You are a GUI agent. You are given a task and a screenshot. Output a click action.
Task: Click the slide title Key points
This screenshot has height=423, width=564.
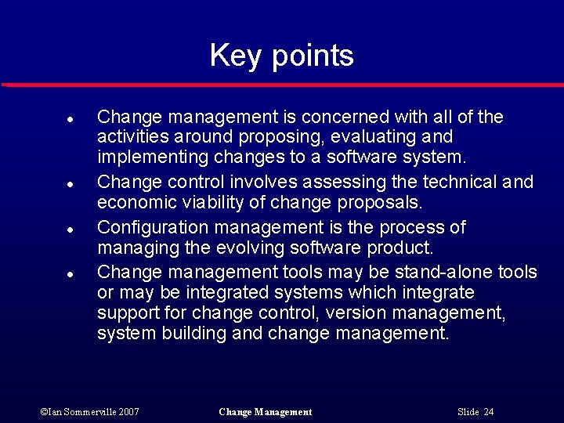(282, 56)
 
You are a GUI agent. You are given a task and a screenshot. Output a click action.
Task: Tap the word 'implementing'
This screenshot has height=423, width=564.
(146, 157)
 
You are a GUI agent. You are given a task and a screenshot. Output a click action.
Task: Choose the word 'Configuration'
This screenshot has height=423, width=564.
(149, 228)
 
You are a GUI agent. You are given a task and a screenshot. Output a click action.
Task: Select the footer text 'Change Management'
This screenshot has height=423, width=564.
(266, 412)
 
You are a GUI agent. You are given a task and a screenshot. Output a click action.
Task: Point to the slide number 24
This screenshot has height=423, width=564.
(489, 412)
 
